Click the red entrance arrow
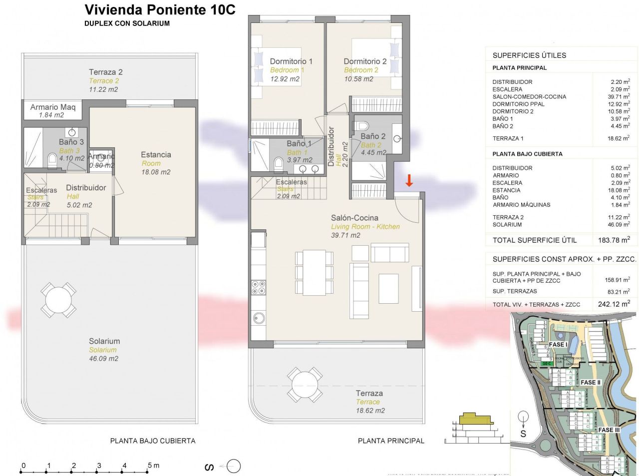409,180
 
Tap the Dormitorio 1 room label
291,61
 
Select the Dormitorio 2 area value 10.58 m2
358,79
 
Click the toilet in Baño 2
363,125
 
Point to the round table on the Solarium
59,300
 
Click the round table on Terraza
304,385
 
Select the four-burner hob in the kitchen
258,287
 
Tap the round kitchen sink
259,317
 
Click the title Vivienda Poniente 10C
160,10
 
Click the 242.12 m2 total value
614,304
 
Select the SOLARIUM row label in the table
507,225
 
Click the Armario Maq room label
53,107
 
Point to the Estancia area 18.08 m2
156,172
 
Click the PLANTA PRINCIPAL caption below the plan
391,441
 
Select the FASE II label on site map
591,382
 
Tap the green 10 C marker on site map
547,364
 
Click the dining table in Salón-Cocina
314,272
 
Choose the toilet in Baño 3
52,160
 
